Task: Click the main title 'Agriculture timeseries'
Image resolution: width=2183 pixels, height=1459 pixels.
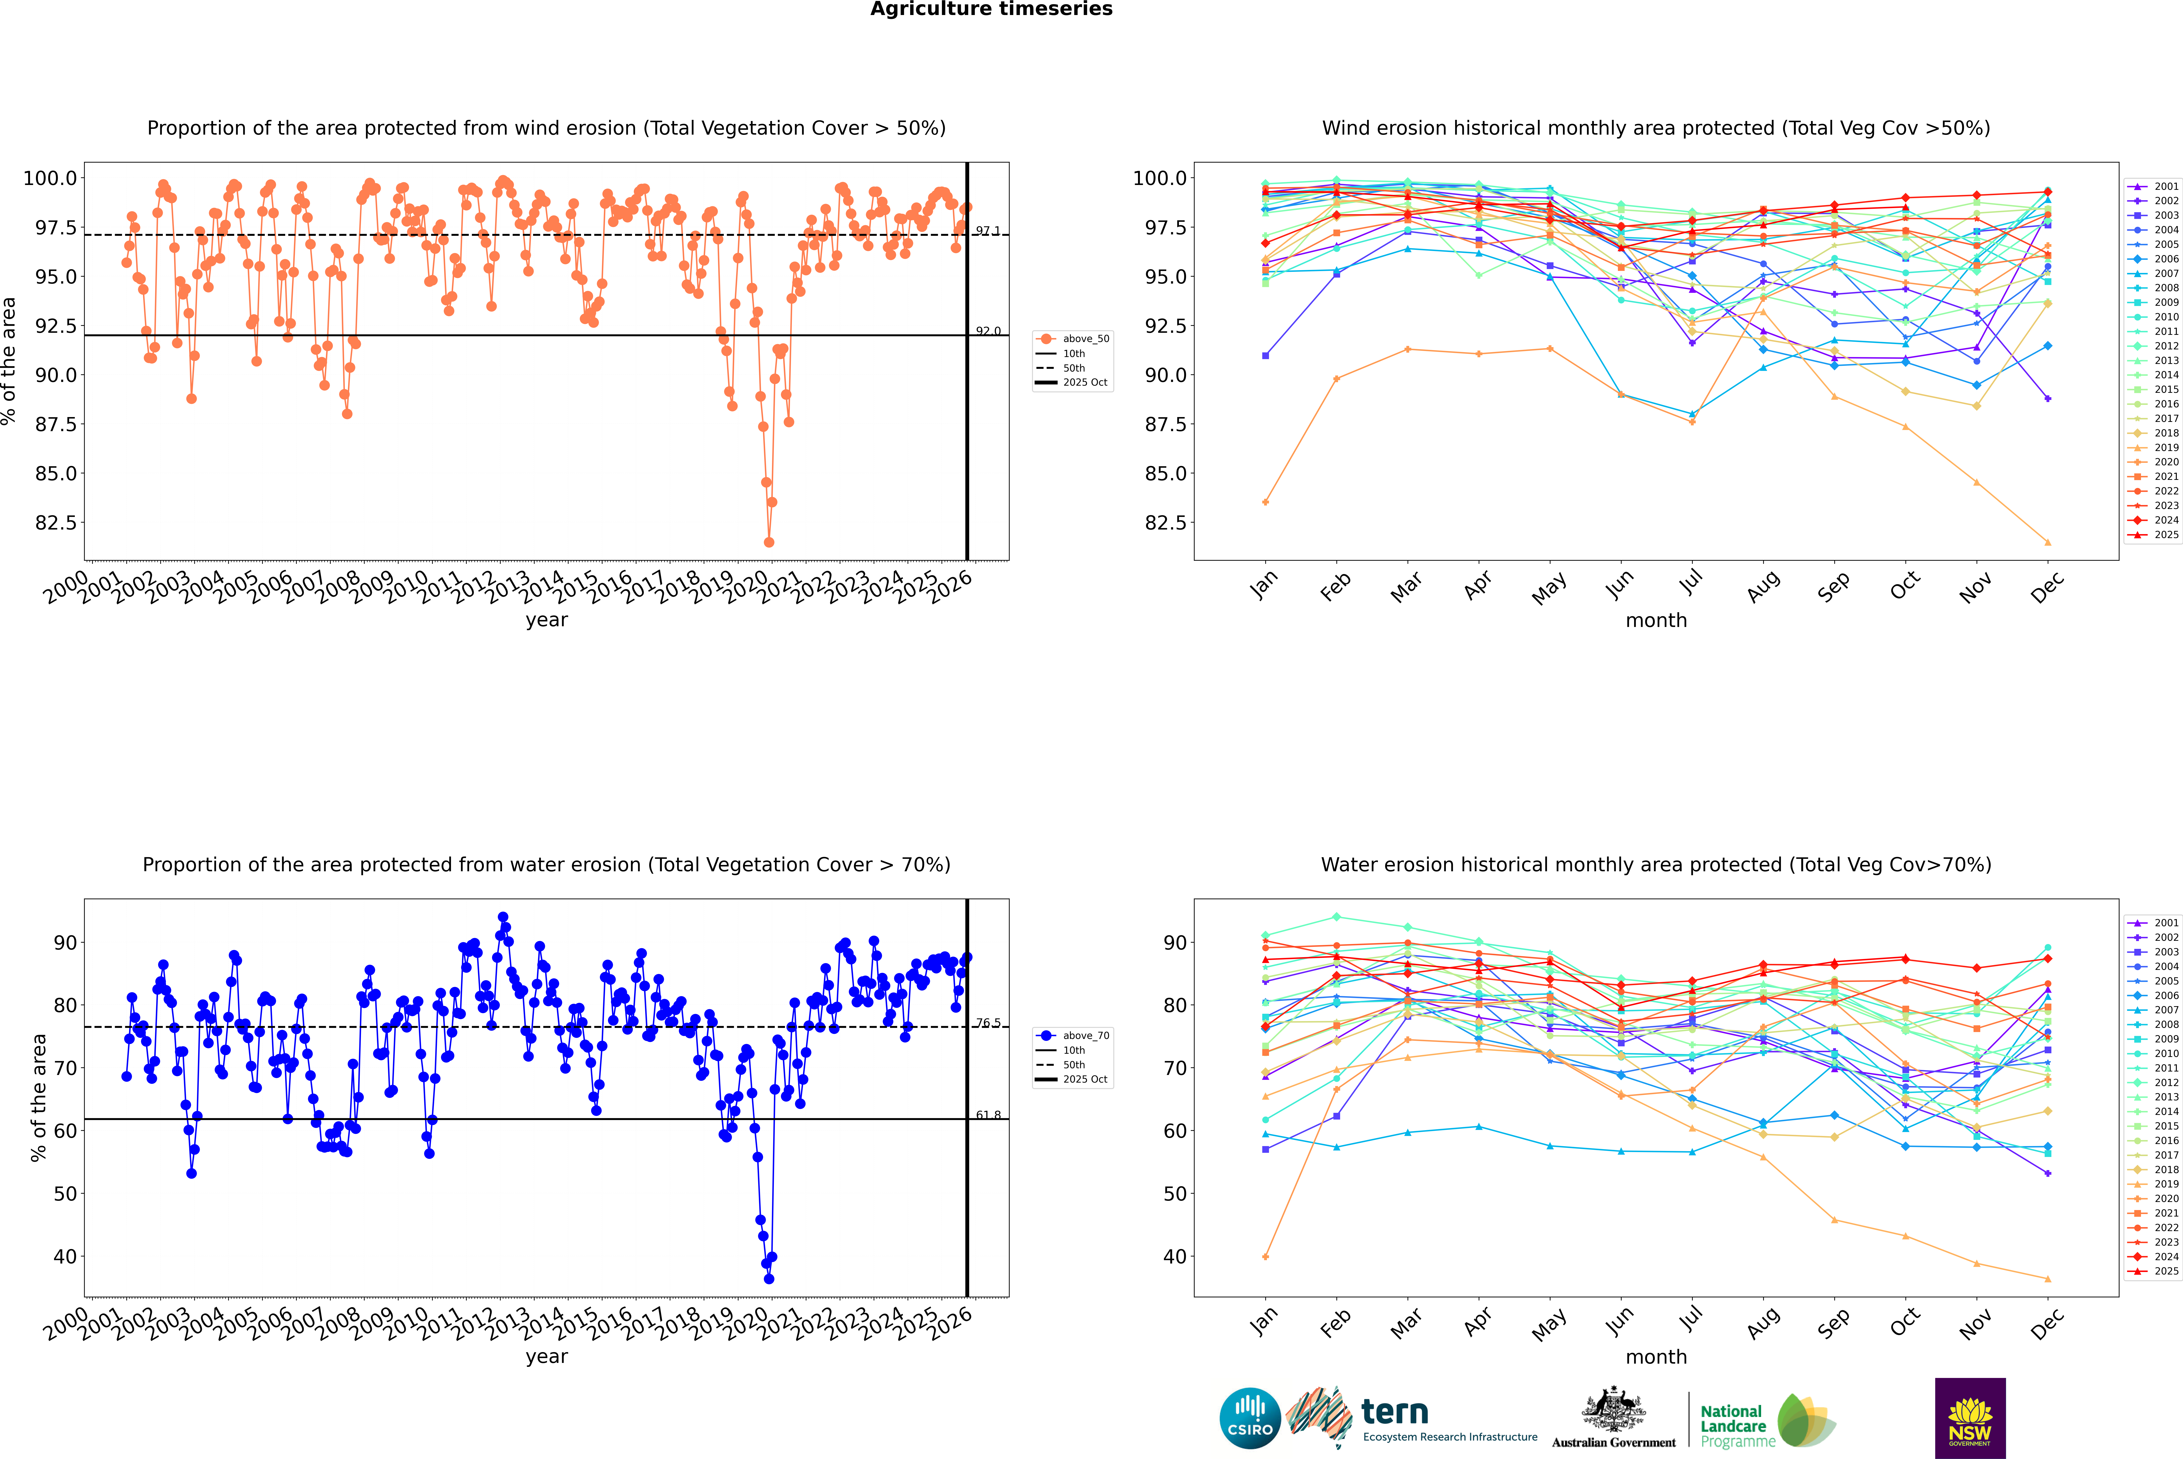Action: [x=991, y=9]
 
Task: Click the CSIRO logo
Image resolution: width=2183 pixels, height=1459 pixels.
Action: [x=1250, y=1418]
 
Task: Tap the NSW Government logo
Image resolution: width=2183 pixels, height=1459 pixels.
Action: [x=1970, y=1418]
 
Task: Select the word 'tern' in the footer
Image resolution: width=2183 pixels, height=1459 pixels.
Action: [x=1394, y=1412]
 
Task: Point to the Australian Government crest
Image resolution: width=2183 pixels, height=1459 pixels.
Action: [x=1613, y=1410]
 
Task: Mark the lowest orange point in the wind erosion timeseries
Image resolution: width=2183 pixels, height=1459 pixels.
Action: [x=769, y=542]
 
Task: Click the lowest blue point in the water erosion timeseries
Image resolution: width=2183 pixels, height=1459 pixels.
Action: [x=769, y=1278]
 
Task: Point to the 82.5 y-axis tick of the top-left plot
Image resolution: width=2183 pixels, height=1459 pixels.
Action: [x=56, y=523]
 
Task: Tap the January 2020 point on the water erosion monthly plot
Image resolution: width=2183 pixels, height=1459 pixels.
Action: [x=1266, y=1257]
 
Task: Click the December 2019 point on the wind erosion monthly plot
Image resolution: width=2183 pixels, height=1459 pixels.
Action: [x=2047, y=542]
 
